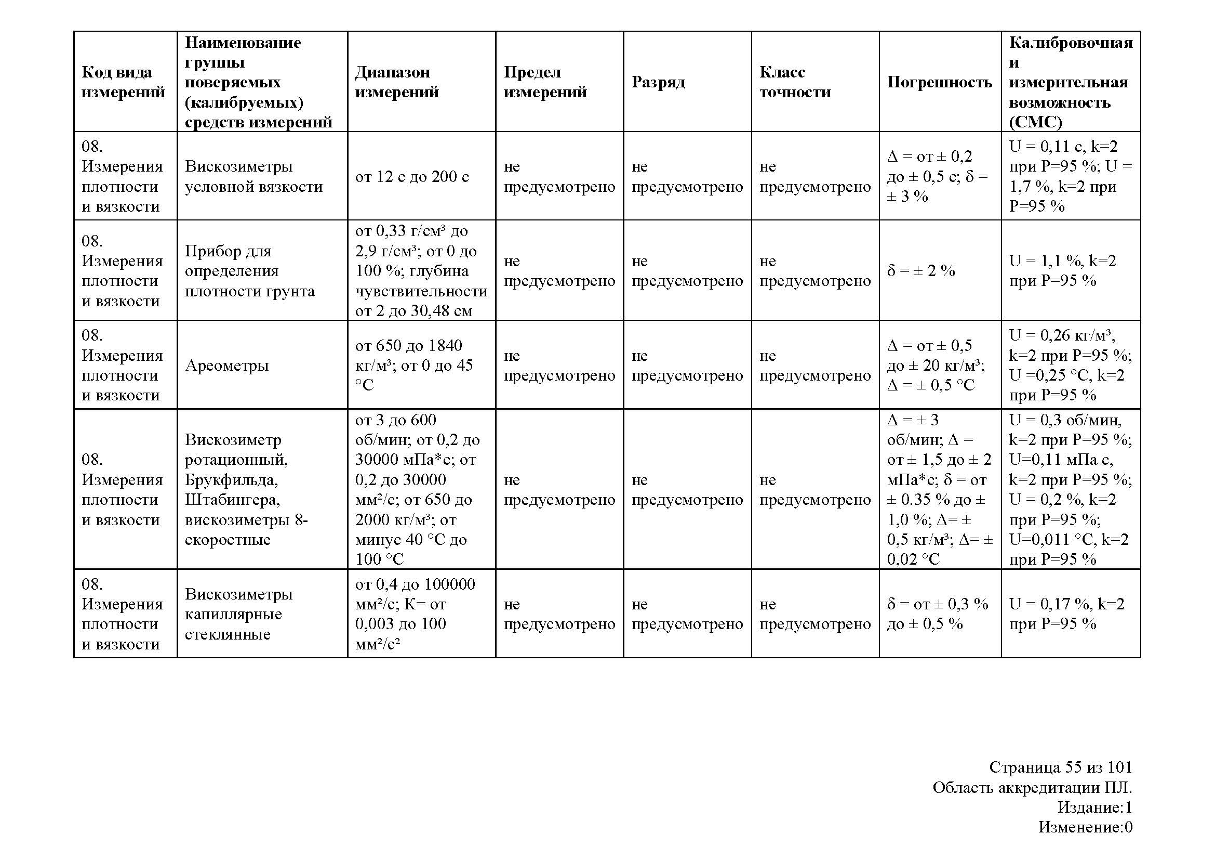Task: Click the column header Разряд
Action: [x=658, y=82]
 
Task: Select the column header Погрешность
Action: [x=939, y=82]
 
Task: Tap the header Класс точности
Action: [x=795, y=82]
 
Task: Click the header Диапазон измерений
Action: [x=397, y=82]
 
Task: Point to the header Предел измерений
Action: [x=545, y=82]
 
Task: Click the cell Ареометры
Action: [x=227, y=366]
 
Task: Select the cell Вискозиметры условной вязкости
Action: [x=253, y=176]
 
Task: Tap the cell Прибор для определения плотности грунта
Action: [x=250, y=270]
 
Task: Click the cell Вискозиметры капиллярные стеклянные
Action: [x=238, y=614]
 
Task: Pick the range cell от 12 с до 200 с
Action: [x=412, y=176]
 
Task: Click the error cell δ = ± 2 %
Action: [x=921, y=270]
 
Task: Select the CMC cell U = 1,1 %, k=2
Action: [x=1062, y=270]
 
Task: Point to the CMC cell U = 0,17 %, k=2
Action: [x=1066, y=614]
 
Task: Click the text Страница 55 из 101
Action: [x=1061, y=767]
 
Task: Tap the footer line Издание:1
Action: [x=1095, y=807]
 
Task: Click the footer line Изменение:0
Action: [x=1085, y=827]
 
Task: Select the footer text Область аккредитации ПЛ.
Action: [x=1032, y=787]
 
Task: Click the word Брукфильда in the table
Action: [x=231, y=480]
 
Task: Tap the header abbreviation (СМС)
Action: [x=1035, y=122]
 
